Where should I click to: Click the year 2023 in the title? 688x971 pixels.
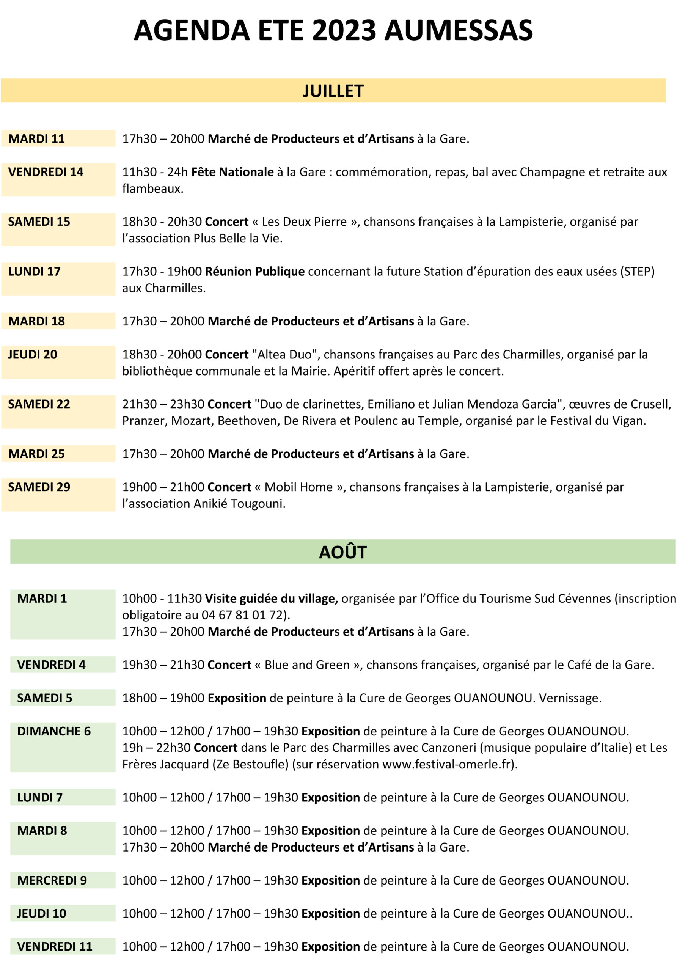(344, 30)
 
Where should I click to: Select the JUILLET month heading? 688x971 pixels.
(333, 91)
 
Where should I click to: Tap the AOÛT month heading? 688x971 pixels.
(342, 552)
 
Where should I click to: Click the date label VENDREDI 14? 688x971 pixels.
(46, 172)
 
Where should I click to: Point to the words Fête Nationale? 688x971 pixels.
(232, 172)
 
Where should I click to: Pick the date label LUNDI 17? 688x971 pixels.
(34, 272)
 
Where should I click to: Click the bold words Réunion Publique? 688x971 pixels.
(254, 272)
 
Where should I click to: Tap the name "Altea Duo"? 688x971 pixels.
(285, 355)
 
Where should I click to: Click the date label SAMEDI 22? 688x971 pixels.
(39, 404)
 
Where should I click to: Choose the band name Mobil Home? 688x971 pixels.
(298, 487)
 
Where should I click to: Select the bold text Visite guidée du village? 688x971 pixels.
(271, 599)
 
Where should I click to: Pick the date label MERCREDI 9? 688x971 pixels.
(52, 881)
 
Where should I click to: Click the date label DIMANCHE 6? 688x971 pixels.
(54, 732)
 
